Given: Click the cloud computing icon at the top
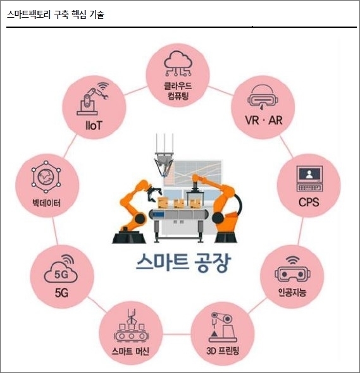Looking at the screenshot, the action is [178, 63].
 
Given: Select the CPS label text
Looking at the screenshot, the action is [309, 202].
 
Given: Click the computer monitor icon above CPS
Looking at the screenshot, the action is [309, 178].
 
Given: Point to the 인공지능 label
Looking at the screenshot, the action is [292, 292].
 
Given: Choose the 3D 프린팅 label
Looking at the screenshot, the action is [222, 351].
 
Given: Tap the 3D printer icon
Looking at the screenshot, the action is [222, 327].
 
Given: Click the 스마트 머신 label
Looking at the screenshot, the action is [130, 351].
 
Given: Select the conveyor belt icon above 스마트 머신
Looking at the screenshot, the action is [131, 326].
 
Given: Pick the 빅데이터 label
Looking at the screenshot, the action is [47, 203].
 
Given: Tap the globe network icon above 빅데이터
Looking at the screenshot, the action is [46, 177].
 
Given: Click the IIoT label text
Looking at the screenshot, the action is [94, 125].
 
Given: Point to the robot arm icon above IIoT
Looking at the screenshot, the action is [92, 99].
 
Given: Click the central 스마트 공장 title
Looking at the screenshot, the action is [183, 262].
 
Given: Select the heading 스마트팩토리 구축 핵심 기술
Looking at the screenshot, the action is [56, 15].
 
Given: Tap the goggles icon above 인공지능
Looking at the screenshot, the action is [293, 269].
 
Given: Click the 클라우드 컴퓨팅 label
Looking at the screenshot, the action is [178, 90].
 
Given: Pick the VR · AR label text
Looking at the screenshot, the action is [264, 120].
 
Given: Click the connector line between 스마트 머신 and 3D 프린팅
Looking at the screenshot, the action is [177, 334].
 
